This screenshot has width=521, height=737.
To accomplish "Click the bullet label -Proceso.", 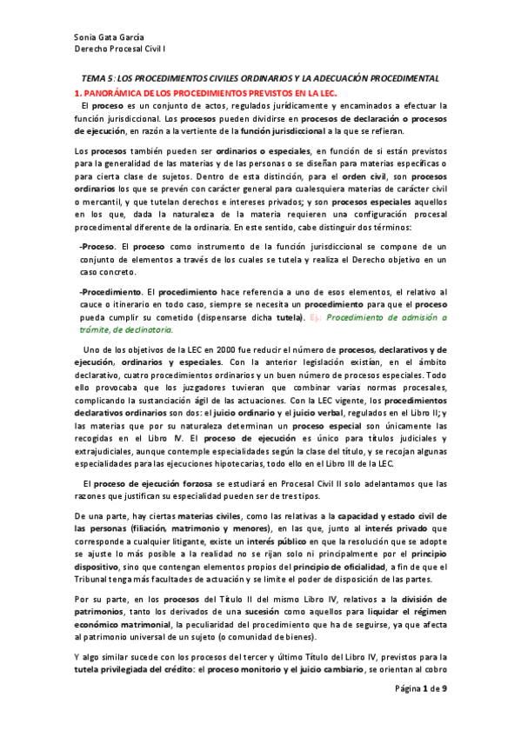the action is tap(90, 247).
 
